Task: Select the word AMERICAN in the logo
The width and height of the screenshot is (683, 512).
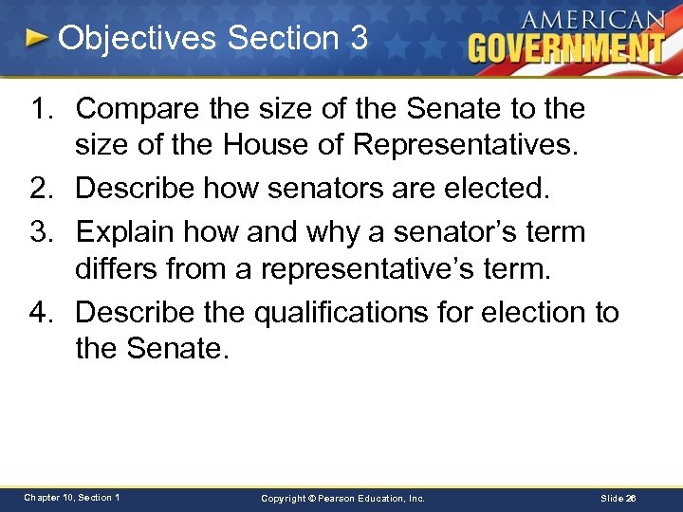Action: tap(594, 19)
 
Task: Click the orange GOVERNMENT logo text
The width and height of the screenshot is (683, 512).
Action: tap(566, 47)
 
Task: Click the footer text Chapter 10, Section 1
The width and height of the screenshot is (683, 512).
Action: tap(72, 498)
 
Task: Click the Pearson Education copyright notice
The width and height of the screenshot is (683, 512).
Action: tap(343, 498)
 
